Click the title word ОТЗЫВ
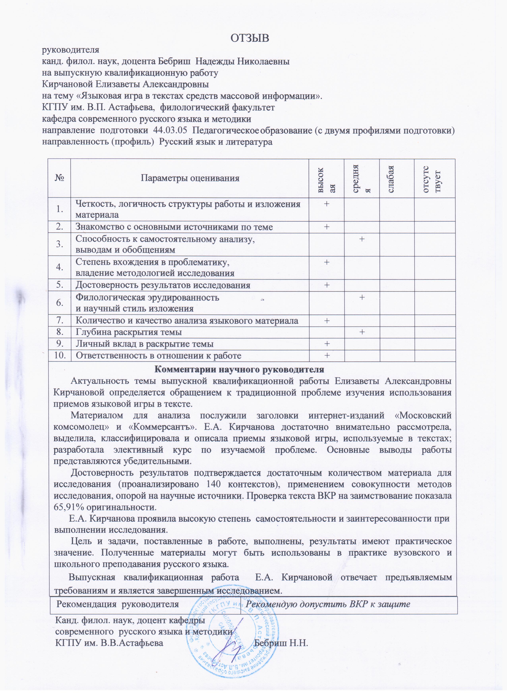250,38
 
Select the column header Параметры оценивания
190,178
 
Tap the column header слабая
391,178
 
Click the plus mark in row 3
362,239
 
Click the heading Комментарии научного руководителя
239,369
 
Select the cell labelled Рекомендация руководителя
118,604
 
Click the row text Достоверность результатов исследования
163,285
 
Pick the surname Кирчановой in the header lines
67,84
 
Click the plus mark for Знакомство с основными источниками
326,227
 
